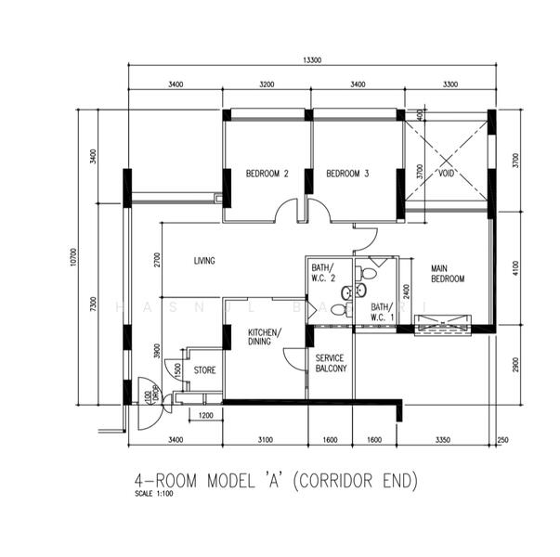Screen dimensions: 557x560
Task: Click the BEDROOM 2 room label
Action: [267, 174]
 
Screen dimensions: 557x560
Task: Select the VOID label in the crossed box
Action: [446, 172]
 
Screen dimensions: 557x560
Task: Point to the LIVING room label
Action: [204, 261]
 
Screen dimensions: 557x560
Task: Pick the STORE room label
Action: [204, 370]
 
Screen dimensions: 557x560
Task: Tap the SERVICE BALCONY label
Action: [331, 363]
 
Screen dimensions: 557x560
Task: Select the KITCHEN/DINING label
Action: [265, 337]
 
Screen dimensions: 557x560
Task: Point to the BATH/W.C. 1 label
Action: [381, 311]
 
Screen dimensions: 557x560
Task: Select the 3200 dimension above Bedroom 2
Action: [267, 84]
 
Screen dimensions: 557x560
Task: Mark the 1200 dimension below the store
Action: [205, 415]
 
